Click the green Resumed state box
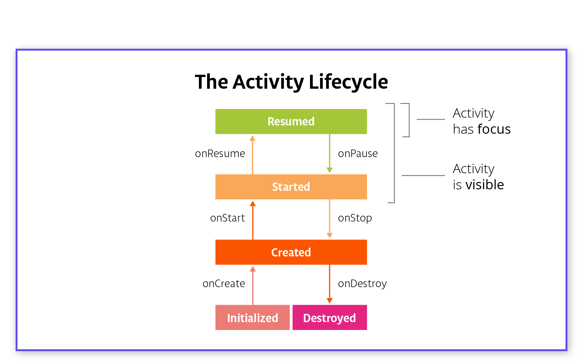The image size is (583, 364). point(291,122)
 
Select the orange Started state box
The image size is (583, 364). point(291,187)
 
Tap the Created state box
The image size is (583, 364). point(291,252)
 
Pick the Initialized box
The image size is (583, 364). point(252,318)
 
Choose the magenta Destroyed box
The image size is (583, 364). point(329,318)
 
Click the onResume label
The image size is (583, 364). point(220,154)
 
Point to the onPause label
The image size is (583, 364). point(358,154)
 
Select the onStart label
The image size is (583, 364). point(227,218)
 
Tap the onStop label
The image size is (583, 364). point(355,218)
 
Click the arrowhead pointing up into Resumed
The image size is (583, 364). point(252,139)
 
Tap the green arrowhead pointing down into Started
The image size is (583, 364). point(329,170)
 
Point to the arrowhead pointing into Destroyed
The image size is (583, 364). point(329,300)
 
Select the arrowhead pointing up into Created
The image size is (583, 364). point(253,269)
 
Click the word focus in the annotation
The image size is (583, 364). point(494,129)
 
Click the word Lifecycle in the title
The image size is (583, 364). point(348,82)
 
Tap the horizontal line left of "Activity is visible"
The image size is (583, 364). point(423,175)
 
